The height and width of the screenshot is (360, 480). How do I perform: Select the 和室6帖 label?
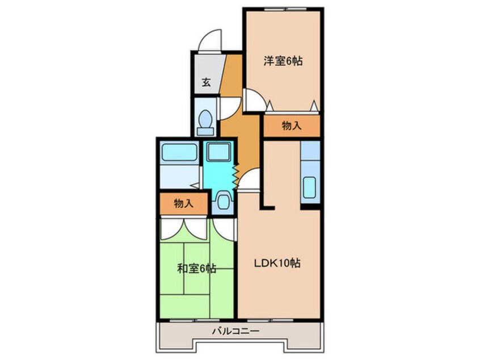[196, 268]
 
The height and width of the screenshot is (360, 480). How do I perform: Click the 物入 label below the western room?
[291, 126]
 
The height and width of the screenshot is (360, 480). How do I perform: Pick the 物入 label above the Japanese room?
[183, 203]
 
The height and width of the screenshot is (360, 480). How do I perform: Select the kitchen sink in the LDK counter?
[310, 187]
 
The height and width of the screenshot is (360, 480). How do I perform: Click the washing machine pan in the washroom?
[216, 152]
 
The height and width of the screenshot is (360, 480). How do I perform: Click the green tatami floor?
[196, 290]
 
